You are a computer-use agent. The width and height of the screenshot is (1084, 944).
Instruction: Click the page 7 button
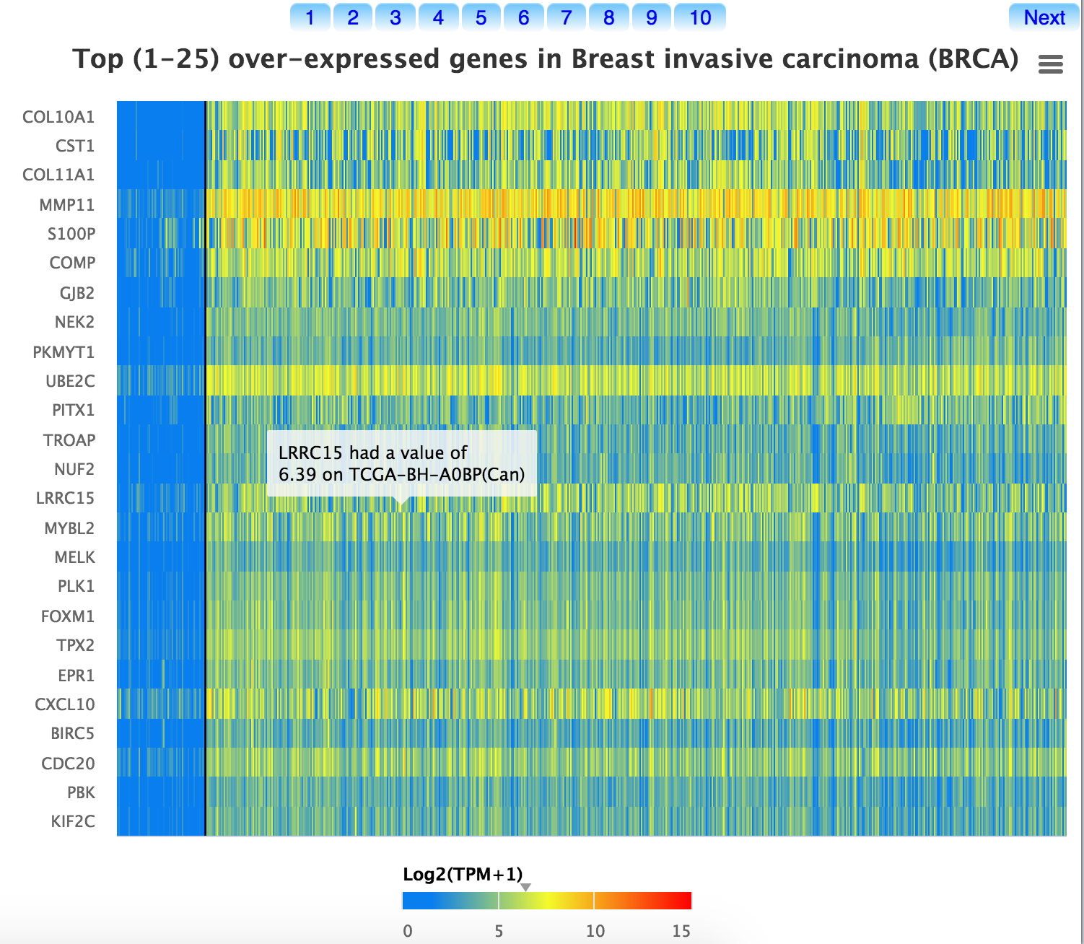[x=567, y=18]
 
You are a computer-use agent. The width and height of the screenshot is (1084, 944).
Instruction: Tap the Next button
[x=1044, y=18]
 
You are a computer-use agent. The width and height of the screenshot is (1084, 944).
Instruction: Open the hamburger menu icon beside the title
[x=1050, y=65]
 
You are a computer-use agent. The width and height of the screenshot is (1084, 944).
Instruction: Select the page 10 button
[x=700, y=18]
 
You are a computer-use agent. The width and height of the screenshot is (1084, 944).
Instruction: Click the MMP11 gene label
[x=67, y=205]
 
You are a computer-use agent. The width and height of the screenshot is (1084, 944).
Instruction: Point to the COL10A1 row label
[x=58, y=117]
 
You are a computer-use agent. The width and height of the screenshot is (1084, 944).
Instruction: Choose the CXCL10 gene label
[x=65, y=704]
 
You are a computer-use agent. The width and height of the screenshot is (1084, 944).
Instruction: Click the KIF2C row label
[x=73, y=821]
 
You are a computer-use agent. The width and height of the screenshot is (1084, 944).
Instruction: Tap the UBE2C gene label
[x=70, y=381]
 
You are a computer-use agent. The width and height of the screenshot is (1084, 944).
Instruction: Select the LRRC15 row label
[x=66, y=498]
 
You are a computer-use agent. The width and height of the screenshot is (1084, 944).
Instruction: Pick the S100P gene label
[x=71, y=234]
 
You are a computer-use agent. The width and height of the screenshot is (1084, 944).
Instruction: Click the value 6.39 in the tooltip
[x=297, y=475]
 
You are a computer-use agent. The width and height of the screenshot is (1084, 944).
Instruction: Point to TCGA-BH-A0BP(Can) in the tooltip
[x=437, y=475]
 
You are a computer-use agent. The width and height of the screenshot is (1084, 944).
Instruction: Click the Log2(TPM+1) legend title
[x=463, y=875]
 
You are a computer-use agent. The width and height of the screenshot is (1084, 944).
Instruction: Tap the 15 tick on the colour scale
[x=681, y=931]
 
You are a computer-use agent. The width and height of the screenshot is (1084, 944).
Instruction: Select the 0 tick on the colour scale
[x=408, y=931]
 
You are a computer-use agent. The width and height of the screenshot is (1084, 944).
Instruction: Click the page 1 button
[x=310, y=18]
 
